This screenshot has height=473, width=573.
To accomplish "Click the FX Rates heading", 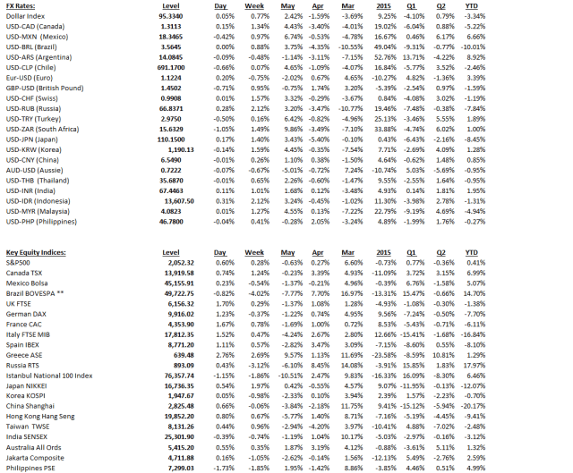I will (23, 5).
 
